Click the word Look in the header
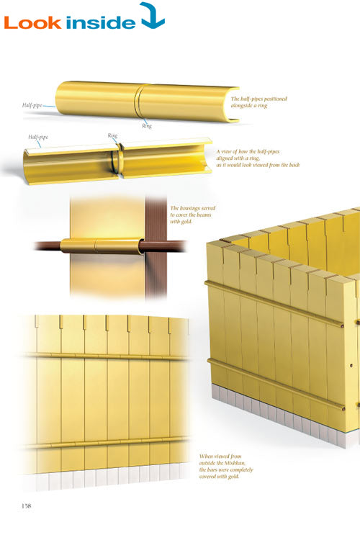coord(32,23)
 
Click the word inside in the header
coord(101,22)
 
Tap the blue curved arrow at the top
coord(153,17)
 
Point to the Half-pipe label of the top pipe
coord(32,105)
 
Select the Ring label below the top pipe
coord(147,126)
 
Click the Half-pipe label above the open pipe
coord(38,137)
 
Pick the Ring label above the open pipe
coord(112,135)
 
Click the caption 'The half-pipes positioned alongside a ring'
coord(258,102)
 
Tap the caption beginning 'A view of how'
coord(258,158)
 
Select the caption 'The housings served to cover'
coord(193,215)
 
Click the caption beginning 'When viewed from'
coord(226,466)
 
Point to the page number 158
coord(26,505)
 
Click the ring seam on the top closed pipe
coord(139,101)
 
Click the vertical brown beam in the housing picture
coord(156,246)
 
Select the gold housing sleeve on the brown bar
coord(102,246)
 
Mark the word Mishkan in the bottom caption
coord(235,463)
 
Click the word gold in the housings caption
coord(187,222)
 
